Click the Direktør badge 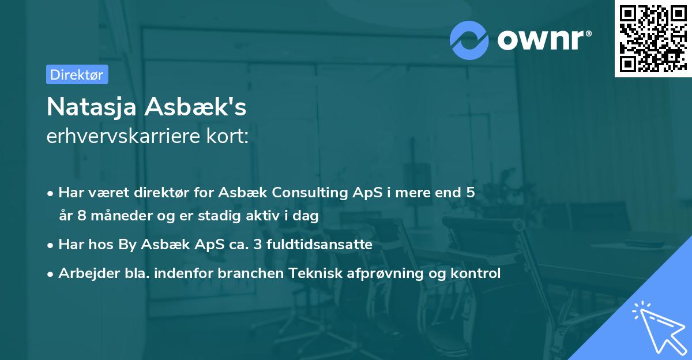pyautogui.click(x=77, y=74)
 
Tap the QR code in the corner pyautogui.click(x=653, y=38)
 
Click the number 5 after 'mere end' pyautogui.click(x=471, y=193)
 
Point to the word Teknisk pyautogui.click(x=313, y=273)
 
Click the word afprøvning pyautogui.click(x=384, y=273)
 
